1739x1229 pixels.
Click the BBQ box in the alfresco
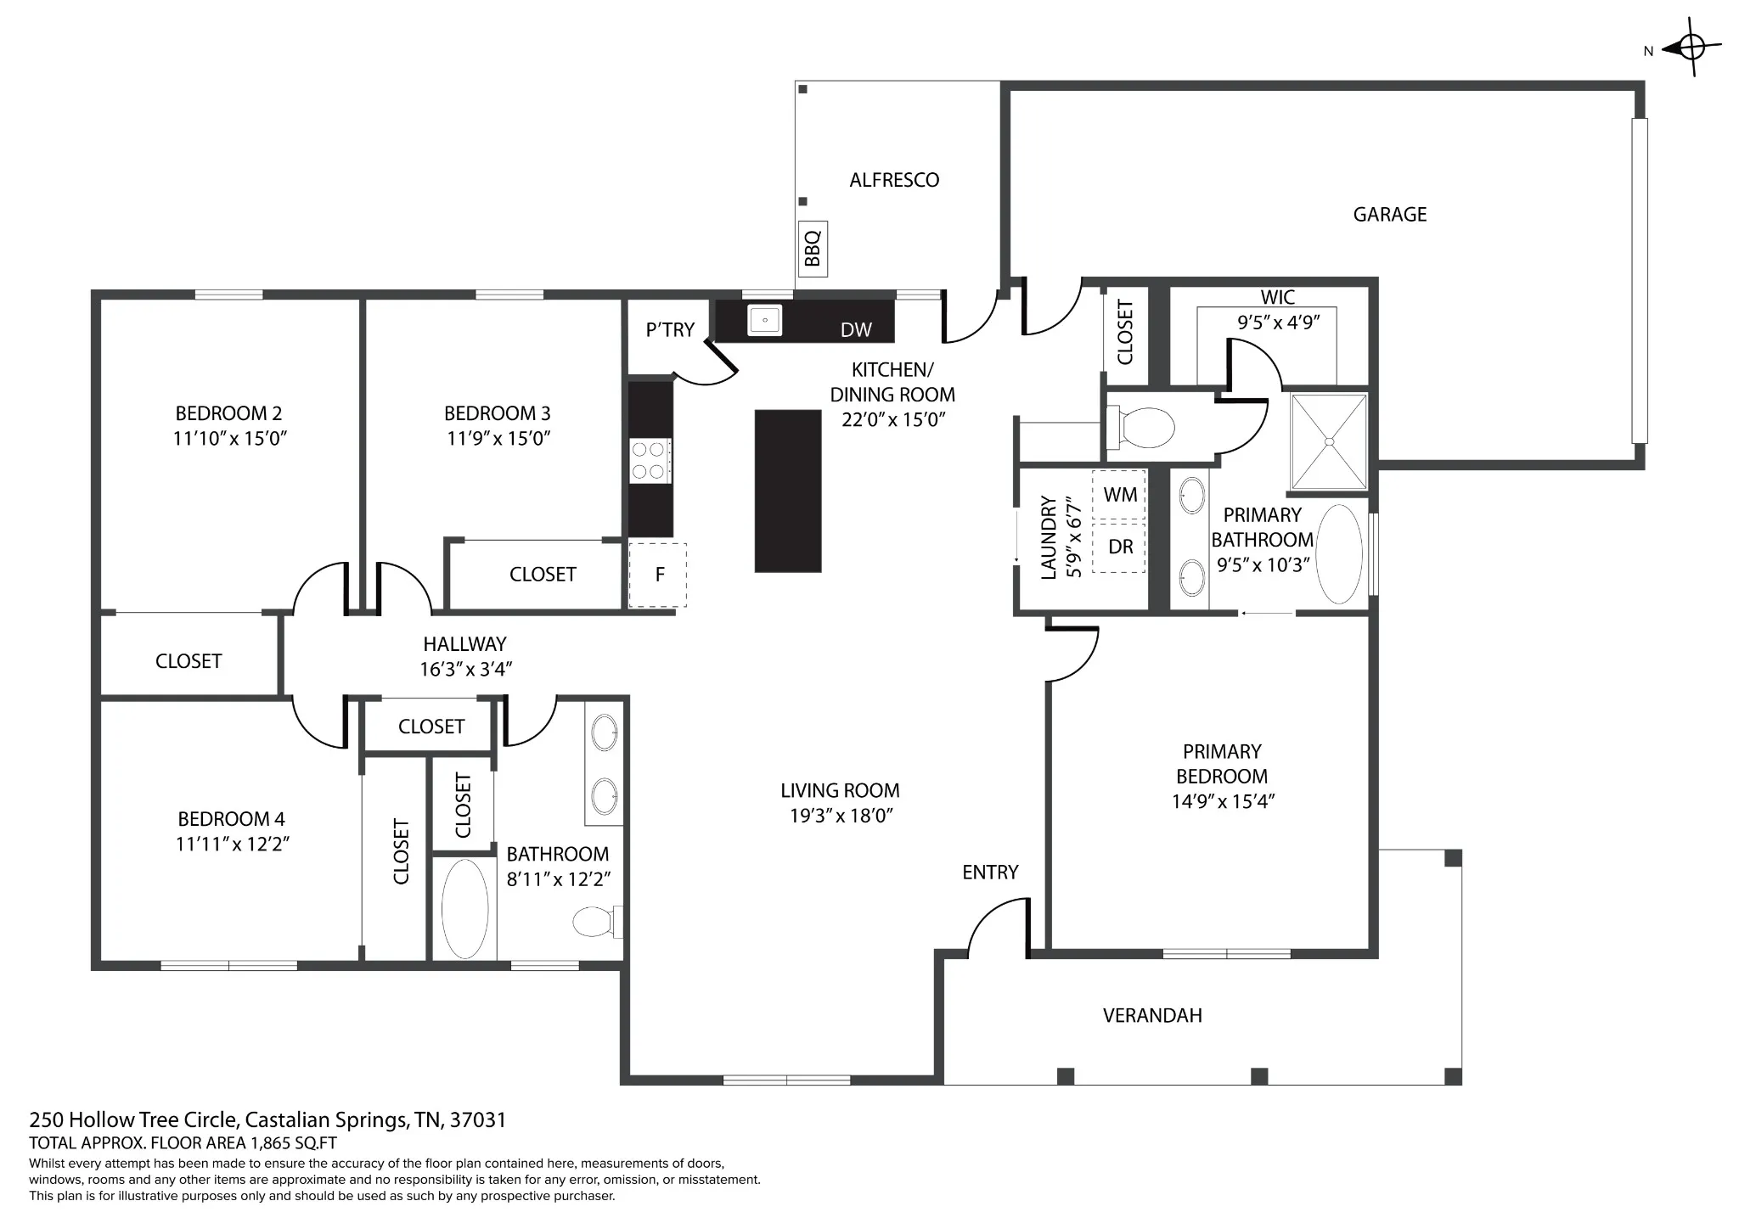pyautogui.click(x=813, y=248)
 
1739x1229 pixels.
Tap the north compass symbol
pyautogui.click(x=1691, y=48)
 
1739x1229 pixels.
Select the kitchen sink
pyautogui.click(x=764, y=320)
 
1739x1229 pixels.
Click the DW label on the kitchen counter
pyautogui.click(x=856, y=330)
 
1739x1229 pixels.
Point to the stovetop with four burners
pyautogui.click(x=650, y=461)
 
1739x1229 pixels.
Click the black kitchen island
pyautogui.click(x=788, y=491)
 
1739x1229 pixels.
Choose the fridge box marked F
pyautogui.click(x=657, y=575)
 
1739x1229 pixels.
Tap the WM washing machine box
pyautogui.click(x=1119, y=495)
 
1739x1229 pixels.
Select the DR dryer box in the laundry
pyautogui.click(x=1119, y=547)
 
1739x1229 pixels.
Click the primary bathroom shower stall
pyautogui.click(x=1329, y=441)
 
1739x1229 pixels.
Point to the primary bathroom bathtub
pyautogui.click(x=1338, y=554)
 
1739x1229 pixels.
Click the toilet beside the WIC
pyautogui.click(x=1140, y=426)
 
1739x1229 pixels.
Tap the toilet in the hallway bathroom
pyautogui.click(x=598, y=922)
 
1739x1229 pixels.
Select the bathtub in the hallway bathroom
pyautogui.click(x=464, y=909)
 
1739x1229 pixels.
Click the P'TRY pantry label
pyautogui.click(x=670, y=329)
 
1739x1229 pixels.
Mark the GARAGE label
pyautogui.click(x=1389, y=214)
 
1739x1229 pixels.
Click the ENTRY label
pyautogui.click(x=989, y=872)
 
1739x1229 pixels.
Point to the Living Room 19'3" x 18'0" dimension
pyautogui.click(x=840, y=816)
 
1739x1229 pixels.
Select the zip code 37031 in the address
pyautogui.click(x=478, y=1120)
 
